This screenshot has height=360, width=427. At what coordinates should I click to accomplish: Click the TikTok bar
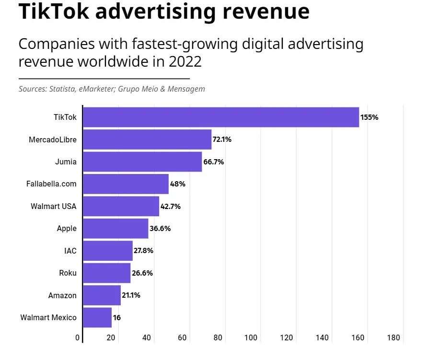coord(220,117)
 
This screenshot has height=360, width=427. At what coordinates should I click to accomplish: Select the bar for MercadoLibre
coord(147,139)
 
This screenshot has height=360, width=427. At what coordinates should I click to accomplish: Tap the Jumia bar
coord(142,162)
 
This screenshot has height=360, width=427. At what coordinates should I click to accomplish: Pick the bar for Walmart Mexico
coord(97,317)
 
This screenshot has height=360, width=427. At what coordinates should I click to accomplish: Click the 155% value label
coord(369,117)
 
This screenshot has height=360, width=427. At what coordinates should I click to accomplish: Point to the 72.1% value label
coord(222,139)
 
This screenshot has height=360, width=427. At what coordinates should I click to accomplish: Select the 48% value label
coord(177,184)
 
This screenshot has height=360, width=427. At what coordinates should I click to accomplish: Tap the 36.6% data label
coord(160,228)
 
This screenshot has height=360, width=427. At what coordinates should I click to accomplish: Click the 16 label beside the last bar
coord(116,318)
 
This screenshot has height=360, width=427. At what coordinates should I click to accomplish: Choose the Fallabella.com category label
coord(51,184)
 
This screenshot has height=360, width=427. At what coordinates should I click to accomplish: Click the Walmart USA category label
coord(53,206)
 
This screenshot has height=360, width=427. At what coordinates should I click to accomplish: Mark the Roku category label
coord(68,273)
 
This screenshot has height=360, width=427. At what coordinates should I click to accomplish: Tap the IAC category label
coord(70,251)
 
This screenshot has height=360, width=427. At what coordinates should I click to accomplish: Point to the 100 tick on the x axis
coord(251,337)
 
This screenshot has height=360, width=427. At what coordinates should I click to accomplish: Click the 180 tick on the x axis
coord(393,337)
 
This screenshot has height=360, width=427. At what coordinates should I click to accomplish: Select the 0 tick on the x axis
coord(78,337)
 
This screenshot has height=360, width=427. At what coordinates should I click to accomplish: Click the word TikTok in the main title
coord(53,12)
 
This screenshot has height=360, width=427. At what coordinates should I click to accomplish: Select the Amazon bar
coord(102,295)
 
